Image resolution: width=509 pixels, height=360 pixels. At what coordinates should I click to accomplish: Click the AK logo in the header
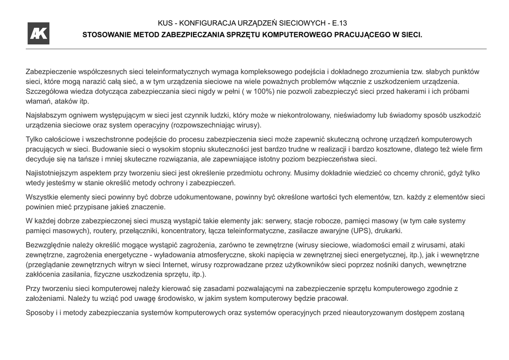38,33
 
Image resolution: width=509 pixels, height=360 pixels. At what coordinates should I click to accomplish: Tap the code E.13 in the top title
339,23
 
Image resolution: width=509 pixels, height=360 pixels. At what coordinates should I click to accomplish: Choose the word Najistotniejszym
56,173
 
